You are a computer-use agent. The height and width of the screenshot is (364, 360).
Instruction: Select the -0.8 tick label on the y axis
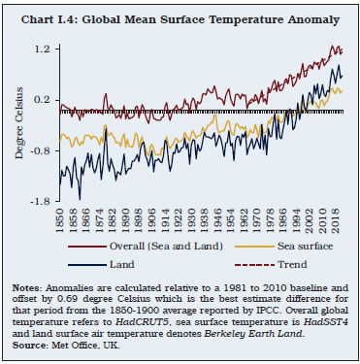(38, 150)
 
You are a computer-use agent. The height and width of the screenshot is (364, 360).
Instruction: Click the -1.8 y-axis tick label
(38, 201)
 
